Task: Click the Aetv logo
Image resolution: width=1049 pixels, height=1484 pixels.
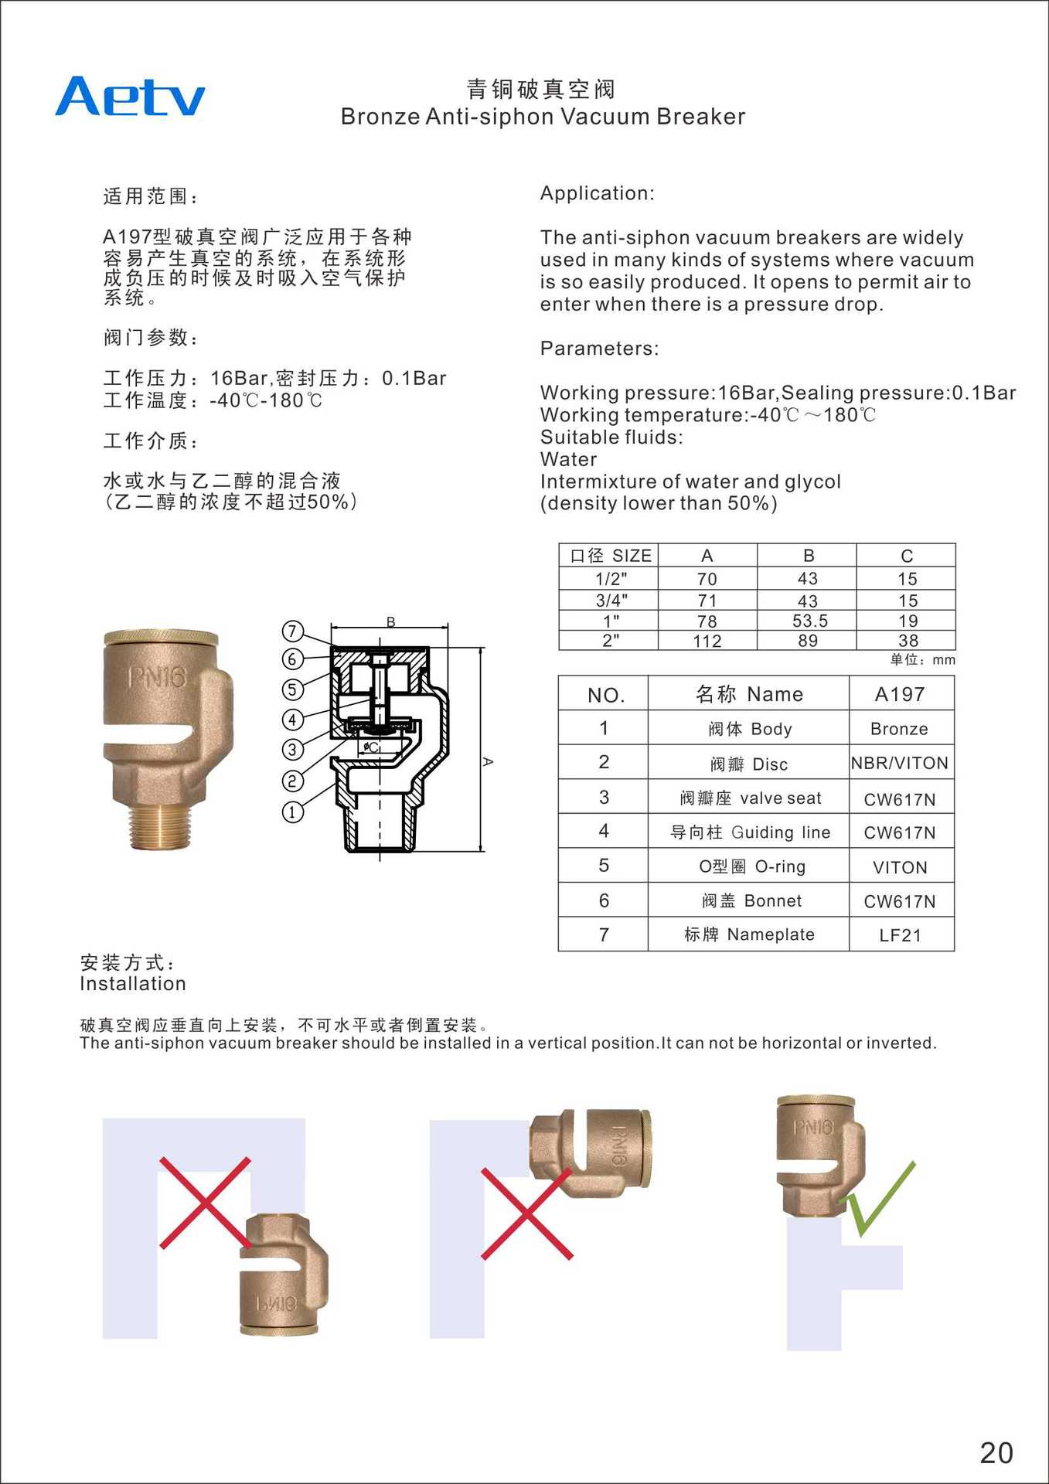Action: point(130,97)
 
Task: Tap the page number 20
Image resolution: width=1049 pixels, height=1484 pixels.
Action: point(996,1452)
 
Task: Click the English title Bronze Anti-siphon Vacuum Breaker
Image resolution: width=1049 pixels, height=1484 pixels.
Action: point(543,117)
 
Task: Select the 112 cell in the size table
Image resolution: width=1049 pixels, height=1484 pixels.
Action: point(707,641)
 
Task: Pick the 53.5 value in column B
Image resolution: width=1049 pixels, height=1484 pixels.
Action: point(809,621)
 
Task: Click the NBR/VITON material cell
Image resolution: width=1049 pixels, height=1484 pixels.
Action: point(900,763)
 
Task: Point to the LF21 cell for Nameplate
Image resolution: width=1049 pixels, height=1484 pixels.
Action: point(900,935)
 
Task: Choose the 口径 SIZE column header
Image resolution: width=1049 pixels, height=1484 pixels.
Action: point(610,556)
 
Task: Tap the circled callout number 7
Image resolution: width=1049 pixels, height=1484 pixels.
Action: point(292,631)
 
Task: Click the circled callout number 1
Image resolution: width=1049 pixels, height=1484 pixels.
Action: point(292,812)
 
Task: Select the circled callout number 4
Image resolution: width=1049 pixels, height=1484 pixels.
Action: point(292,720)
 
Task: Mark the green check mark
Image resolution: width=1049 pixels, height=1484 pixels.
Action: point(878,1198)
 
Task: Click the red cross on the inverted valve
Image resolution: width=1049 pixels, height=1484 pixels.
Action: point(206,1203)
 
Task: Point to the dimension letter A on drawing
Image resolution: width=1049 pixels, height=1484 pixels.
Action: point(488,761)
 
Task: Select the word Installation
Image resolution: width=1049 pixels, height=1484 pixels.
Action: point(133,984)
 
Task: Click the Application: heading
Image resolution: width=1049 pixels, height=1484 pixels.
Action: point(597,193)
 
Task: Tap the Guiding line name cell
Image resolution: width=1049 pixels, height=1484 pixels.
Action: point(749,832)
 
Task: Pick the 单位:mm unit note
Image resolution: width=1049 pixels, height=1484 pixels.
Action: point(922,659)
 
